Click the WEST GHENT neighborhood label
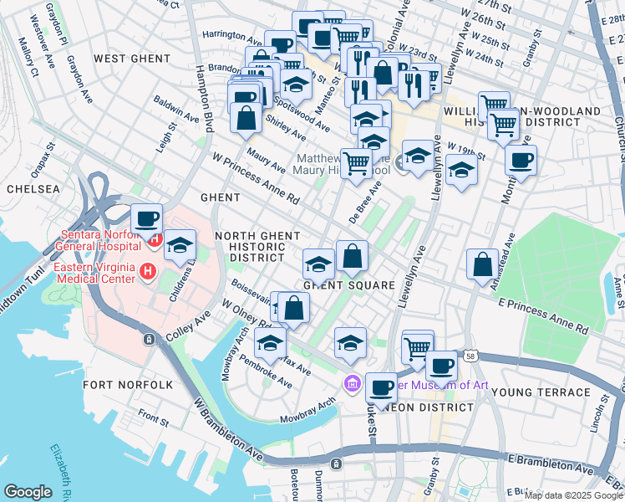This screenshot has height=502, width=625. tap(132, 59)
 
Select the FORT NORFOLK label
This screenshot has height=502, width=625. tap(128, 385)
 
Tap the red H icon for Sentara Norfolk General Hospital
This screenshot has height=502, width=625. tap(155, 242)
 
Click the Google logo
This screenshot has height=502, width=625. tap(28, 492)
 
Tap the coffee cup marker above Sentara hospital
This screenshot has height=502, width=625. tap(147, 219)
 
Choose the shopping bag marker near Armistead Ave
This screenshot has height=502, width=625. tap(483, 265)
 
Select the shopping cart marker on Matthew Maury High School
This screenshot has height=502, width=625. tap(357, 162)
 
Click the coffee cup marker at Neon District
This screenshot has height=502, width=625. tap(382, 387)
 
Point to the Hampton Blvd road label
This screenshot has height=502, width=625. tap(202, 99)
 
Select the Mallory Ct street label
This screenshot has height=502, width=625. tap(30, 60)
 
